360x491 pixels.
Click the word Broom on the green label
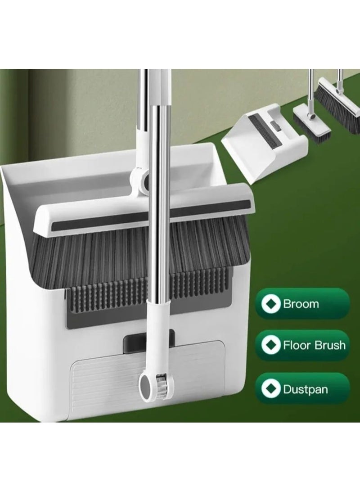tap(301, 304)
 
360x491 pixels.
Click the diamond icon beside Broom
tap(271, 304)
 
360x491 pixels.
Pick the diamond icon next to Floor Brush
tap(271, 346)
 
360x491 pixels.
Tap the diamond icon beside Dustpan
tap(271, 388)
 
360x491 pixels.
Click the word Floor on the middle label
tap(294, 346)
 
